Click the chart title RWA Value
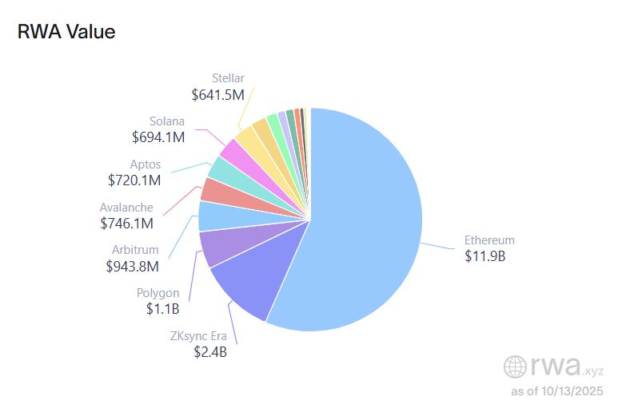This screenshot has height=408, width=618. pos(66,32)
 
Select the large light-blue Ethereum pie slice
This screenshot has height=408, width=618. pos(368,224)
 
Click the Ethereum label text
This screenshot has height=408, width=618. pos(489,240)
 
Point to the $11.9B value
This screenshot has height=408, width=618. pos(485,256)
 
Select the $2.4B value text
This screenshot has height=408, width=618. pos(210,351)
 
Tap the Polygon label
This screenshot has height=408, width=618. pos(157,293)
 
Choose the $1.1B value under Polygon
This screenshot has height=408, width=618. pos(162,309)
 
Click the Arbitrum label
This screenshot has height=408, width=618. pos(134,250)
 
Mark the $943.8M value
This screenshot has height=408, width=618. pos(132,266)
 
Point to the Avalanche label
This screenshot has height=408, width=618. pos(126,208)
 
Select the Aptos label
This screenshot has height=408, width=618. pos(146,164)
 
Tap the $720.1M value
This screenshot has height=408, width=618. pos(134,180)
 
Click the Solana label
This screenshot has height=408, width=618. pos(167,121)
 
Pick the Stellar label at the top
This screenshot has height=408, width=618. pos(228,78)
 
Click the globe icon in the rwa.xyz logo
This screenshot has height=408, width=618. pos(515,366)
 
